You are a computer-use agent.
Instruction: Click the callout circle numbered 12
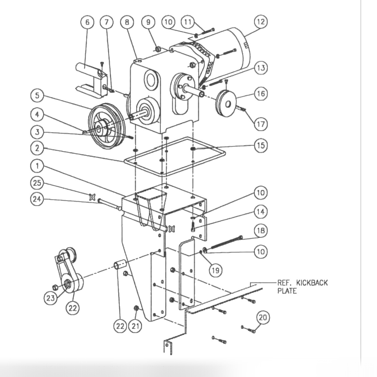[261, 22]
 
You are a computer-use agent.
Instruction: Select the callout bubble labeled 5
[37, 96]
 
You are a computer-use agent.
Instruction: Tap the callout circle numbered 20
[263, 317]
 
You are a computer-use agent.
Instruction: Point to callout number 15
[261, 145]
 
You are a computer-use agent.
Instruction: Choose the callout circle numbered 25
[37, 182]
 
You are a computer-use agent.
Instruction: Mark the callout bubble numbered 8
[127, 22]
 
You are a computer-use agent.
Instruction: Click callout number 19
[216, 270]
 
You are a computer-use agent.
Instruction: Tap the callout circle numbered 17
[261, 124]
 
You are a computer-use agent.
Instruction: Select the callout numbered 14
[261, 212]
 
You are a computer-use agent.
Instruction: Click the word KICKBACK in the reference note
[312, 283]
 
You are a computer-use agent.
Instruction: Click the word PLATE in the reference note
[287, 291]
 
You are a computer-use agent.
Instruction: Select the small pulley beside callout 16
[227, 103]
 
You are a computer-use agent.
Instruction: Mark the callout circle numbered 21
[135, 326]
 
